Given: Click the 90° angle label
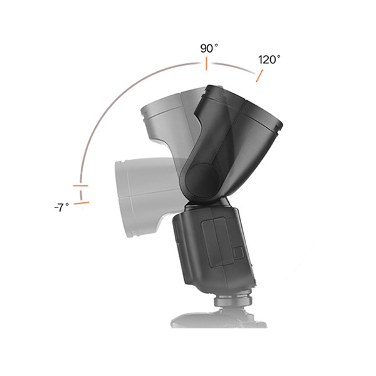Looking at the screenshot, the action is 209,48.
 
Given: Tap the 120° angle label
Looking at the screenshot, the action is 269,60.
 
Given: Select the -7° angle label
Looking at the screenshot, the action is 61,207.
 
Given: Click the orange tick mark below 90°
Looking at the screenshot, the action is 206,63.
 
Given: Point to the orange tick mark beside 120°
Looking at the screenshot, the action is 259,76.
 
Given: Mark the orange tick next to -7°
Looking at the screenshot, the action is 81,203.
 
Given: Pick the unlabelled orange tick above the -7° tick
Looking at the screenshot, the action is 80,185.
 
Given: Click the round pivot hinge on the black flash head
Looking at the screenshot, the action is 203,179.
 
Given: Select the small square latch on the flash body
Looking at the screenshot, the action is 238,253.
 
